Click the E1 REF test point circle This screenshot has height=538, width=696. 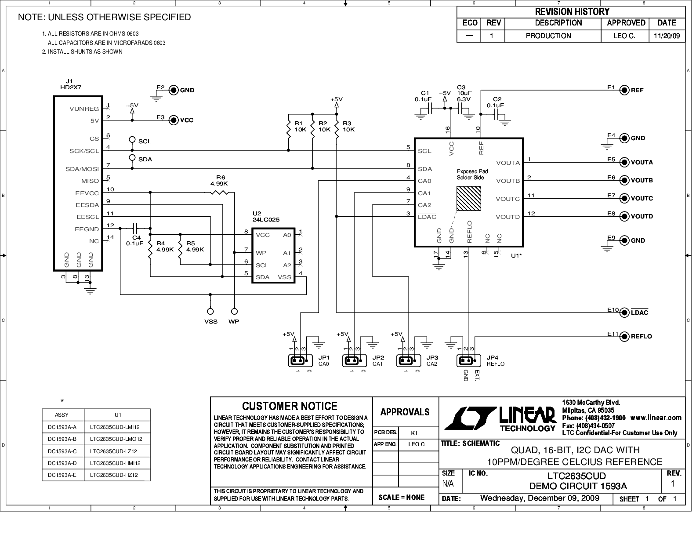624,90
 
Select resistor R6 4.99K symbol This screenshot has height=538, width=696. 219,193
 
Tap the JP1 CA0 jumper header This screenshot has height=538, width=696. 300,361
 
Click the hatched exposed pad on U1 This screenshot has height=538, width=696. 468,198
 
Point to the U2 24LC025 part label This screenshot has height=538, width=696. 266,217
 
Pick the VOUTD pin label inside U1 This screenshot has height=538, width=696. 507,217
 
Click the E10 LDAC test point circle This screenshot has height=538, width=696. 624,313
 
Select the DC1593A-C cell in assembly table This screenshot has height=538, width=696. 62,451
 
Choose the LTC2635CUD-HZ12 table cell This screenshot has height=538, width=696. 114,475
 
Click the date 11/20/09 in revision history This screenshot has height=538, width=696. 667,36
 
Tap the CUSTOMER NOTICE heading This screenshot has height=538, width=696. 290,406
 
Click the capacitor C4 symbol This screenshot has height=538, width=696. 135,228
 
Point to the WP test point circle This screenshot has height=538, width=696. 235,312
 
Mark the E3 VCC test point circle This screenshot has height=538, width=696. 174,120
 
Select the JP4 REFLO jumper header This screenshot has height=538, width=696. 468,361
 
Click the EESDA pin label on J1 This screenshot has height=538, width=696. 87,205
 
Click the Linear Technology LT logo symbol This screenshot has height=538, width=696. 470,418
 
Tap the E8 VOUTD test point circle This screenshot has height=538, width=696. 624,216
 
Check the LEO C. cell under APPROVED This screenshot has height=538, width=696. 624,36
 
